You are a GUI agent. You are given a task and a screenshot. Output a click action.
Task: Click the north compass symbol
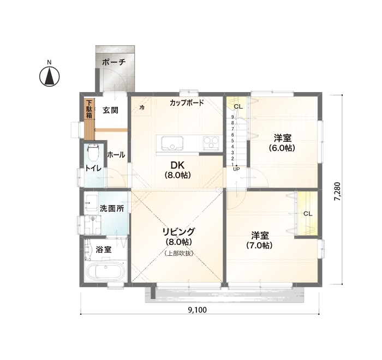tap(49, 76)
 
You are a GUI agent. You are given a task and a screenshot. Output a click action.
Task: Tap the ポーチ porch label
tap(114, 62)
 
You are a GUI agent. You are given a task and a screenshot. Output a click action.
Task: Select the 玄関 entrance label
tap(110, 110)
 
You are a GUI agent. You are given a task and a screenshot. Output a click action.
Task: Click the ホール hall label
tap(116, 155)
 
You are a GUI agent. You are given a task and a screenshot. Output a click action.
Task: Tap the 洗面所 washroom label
tap(111, 208)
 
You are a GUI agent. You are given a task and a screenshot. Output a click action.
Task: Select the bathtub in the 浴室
tap(106, 271)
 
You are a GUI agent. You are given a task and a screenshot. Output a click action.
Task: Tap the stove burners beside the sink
tap(211, 143)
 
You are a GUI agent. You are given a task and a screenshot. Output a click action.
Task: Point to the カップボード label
tap(186, 103)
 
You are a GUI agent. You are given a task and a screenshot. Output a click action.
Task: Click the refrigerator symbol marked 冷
tap(142, 107)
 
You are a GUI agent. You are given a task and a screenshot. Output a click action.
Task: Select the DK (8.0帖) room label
tap(177, 170)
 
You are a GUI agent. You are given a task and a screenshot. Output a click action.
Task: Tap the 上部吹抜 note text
tap(178, 254)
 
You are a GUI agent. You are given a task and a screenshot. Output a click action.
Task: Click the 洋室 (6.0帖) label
tap(282, 142)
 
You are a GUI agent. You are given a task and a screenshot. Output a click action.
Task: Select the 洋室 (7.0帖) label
tap(259, 240)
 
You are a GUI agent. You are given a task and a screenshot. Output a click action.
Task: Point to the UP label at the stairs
tap(236, 169)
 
